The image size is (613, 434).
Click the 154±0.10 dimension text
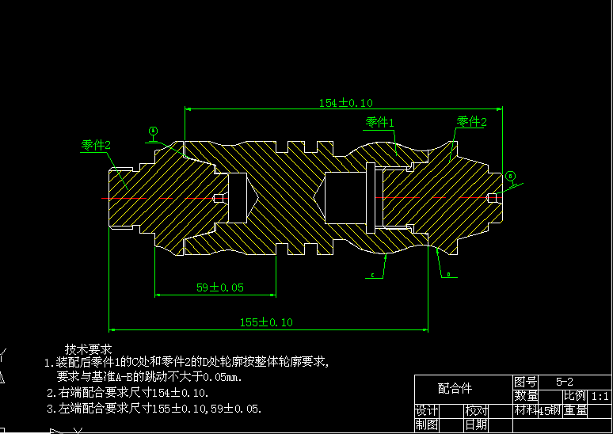pos(345,103)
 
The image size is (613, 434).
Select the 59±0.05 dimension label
pos(220,287)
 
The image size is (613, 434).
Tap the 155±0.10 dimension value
pos(266,322)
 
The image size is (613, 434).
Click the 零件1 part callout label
pos(379,122)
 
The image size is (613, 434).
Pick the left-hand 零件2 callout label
pos(96,145)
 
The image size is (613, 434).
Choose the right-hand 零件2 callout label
pos(471,121)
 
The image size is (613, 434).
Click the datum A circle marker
pos(153,131)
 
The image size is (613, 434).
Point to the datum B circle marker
pos(510,175)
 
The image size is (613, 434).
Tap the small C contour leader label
pos(373,276)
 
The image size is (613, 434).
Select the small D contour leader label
pos(448,275)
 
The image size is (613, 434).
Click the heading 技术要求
pos(88,348)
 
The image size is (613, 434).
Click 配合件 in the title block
pos(455,388)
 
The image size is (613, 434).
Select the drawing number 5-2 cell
pos(565,381)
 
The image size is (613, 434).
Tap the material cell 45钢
pos(549,410)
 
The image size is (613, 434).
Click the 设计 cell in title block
pos(427,410)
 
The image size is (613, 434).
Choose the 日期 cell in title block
pos(476,424)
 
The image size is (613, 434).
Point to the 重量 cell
pos(575,410)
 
